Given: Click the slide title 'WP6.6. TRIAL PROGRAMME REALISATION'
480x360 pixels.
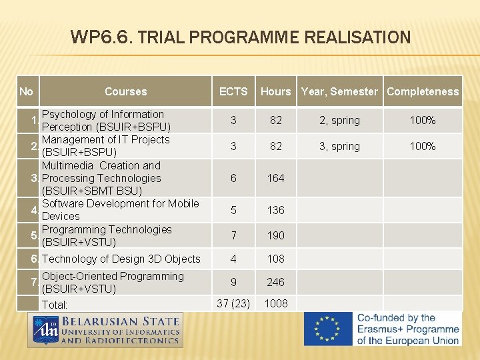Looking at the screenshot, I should click(x=240, y=37).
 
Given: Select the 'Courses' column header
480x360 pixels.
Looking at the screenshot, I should click(x=125, y=91).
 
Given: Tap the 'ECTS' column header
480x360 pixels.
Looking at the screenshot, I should click(x=233, y=91).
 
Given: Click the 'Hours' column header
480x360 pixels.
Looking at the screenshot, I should click(x=275, y=91).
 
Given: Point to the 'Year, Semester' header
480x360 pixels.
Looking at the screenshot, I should click(x=339, y=91).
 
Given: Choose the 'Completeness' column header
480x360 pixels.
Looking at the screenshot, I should click(x=423, y=91).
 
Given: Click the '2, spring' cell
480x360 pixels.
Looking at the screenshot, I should click(x=339, y=121).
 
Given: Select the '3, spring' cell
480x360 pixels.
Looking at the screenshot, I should click(x=339, y=146).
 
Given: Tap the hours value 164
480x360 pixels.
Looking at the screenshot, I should click(x=275, y=178).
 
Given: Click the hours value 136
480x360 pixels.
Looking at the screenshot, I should click(x=275, y=210).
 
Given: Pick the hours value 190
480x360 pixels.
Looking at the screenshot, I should click(x=275, y=235).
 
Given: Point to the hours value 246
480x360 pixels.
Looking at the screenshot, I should click(x=275, y=283).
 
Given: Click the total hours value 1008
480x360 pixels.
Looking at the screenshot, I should click(x=275, y=303).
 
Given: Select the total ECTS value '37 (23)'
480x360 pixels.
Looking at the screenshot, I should click(x=233, y=303).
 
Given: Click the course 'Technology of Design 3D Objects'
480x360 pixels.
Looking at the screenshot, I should click(x=121, y=259).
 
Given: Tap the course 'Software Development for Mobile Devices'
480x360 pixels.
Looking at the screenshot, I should click(x=120, y=210).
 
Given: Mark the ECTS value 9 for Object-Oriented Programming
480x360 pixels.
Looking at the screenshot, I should click(x=233, y=283).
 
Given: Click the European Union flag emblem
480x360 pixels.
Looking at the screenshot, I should click(x=327, y=329).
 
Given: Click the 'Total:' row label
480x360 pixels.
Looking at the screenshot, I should click(x=55, y=305).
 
